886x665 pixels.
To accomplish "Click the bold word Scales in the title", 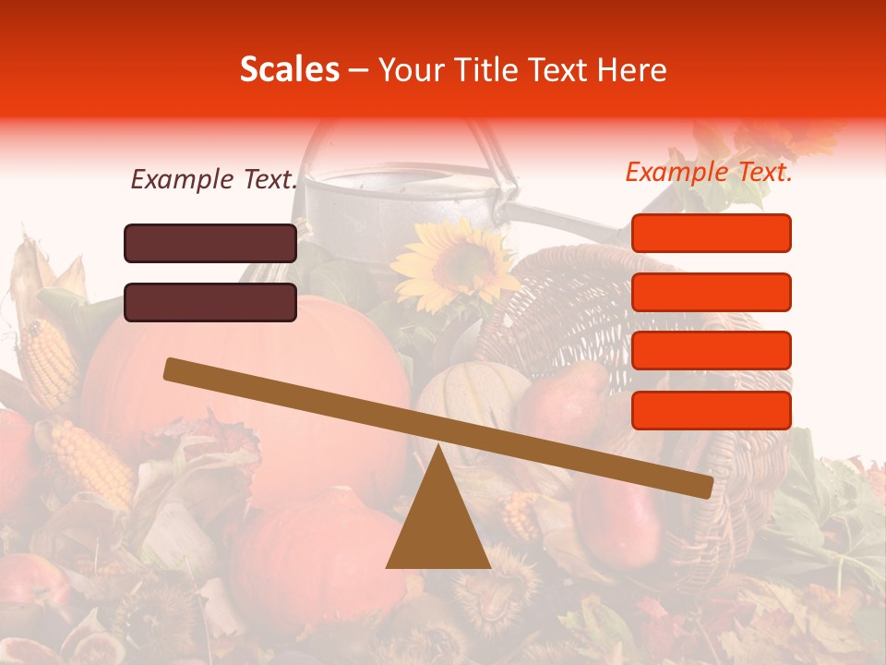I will pyautogui.click(x=289, y=70).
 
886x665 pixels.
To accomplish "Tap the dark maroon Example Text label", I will pyautogui.click(x=214, y=179).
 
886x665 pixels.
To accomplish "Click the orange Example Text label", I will pyautogui.click(x=709, y=172).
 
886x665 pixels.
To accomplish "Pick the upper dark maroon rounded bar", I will pyautogui.click(x=210, y=243).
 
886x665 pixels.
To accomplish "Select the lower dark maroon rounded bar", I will pyautogui.click(x=210, y=302).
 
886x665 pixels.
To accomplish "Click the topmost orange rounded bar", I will pyautogui.click(x=711, y=233).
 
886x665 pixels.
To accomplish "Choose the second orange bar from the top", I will pyautogui.click(x=711, y=292).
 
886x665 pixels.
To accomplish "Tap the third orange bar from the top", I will pyautogui.click(x=711, y=350).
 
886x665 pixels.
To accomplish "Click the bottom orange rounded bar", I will pyautogui.click(x=711, y=410).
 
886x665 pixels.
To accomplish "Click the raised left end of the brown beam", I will pyautogui.click(x=175, y=370).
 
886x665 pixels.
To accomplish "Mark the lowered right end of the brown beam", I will pyautogui.click(x=701, y=485).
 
